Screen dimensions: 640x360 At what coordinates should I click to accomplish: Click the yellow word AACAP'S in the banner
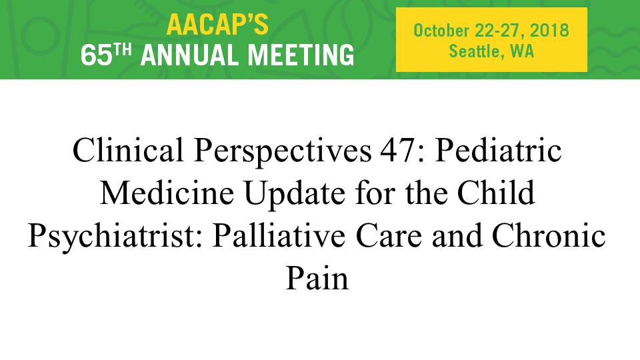(217, 25)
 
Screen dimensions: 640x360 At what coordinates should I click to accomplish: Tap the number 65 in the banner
(96, 55)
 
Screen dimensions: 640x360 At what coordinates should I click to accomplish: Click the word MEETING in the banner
(301, 55)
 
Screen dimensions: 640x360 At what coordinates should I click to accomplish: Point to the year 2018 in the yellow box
(549, 31)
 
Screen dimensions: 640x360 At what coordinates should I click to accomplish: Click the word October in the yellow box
(441, 31)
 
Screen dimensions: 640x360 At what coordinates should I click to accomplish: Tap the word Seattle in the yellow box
(474, 51)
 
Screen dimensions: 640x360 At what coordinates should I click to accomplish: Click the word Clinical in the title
(128, 150)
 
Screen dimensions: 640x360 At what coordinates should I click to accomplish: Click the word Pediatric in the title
(498, 150)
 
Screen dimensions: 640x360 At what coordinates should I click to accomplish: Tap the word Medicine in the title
(167, 193)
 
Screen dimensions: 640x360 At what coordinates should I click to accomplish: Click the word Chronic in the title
(549, 235)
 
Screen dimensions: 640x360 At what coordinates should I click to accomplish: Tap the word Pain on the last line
(317, 279)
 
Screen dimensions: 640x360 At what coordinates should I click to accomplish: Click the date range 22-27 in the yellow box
(498, 31)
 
